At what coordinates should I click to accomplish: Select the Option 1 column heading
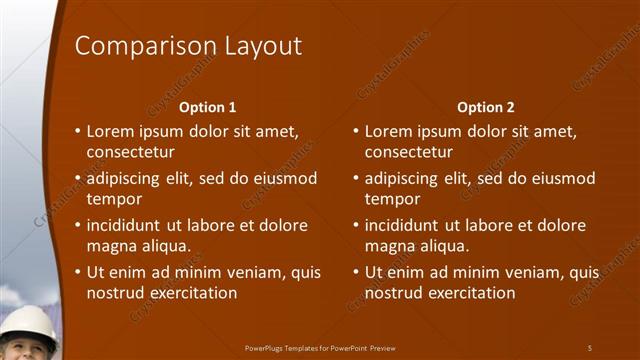207,107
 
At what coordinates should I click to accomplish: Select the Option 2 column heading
485,107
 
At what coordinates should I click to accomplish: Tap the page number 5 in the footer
590,347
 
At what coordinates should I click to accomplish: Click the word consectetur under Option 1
131,152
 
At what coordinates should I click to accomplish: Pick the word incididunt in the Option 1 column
127,225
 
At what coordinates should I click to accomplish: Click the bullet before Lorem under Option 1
78,131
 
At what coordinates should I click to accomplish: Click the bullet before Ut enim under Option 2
356,272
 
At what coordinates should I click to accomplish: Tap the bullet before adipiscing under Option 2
356,178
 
